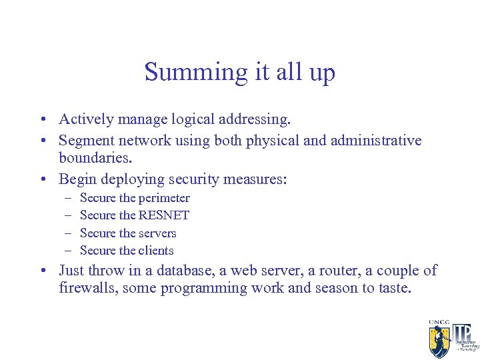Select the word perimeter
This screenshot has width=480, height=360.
tap(164, 199)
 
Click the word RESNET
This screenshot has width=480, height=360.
tap(164, 215)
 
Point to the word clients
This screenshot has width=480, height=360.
tap(156, 251)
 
